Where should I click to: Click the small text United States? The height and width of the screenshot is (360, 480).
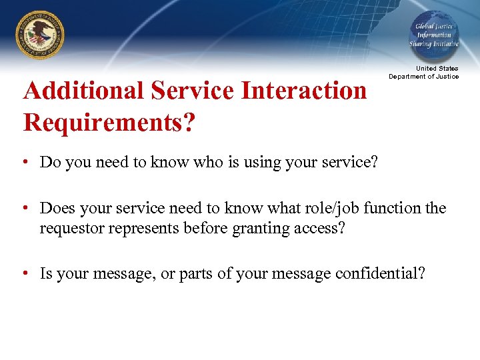point(437,69)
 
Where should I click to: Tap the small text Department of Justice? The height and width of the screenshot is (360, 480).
point(424,77)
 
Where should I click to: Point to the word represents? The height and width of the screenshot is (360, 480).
point(137,228)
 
